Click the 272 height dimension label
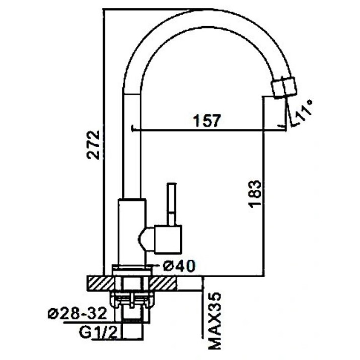tap(93, 145)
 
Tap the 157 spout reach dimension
tap(207, 120)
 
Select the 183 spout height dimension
tap(255, 194)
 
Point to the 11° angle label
tap(303, 111)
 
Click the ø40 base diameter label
tap(179, 266)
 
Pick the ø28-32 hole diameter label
tap(78, 313)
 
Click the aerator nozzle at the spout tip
tap(284, 88)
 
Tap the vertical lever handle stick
tap(172, 204)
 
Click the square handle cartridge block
tap(168, 240)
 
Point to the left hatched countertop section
tap(101, 283)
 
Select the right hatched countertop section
tap(163, 283)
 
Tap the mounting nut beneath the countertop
tap(131, 300)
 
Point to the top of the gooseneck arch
tap(202, 18)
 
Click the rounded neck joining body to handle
tap(146, 240)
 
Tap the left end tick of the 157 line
tap(132, 128)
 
